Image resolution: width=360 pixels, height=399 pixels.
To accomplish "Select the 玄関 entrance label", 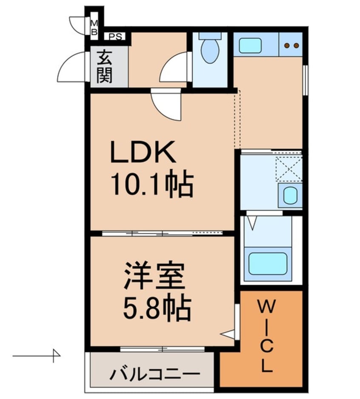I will coord(104,67).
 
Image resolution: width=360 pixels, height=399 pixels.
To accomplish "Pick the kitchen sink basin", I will coord(250,46).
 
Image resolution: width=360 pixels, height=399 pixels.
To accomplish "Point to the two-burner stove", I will coord(291,45).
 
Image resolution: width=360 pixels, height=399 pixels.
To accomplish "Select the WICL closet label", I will coord(266,336).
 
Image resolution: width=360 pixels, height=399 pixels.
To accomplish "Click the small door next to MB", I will coord(78,26).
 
